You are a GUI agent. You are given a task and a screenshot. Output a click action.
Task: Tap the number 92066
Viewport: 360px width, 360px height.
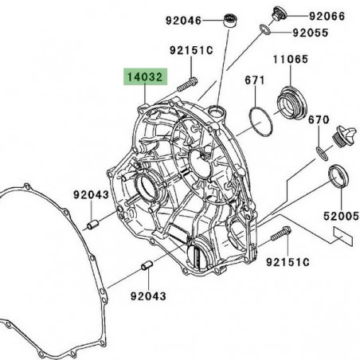(328, 15)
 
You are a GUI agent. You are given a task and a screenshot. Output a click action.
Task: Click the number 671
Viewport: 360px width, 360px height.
(254, 81)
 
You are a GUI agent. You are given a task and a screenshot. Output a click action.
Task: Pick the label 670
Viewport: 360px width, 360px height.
(318, 119)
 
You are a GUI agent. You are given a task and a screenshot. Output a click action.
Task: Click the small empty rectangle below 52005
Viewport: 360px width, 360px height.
(342, 237)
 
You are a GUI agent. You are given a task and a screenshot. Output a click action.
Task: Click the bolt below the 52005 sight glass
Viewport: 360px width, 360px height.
(282, 234)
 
